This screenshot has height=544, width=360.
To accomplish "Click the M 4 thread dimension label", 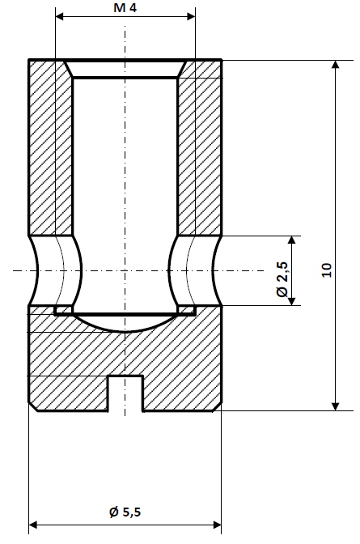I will pos(125,7).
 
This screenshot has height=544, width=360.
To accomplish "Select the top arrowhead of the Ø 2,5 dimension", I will pos(293,241).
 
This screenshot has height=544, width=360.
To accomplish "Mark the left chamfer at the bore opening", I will pos(68,69).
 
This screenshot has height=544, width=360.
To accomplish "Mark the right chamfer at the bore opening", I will pos(183,69).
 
